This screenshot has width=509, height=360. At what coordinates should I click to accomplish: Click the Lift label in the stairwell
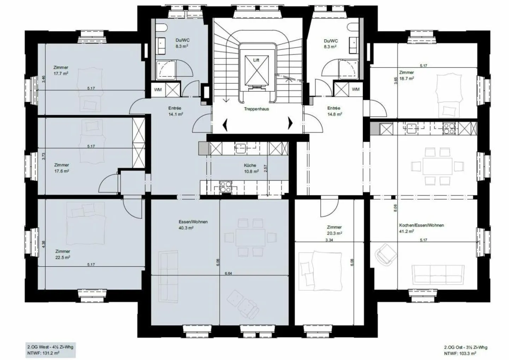point(256,60)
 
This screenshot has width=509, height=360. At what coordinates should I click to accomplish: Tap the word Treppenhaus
point(256,109)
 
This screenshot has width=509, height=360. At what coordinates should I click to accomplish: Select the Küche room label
point(250,165)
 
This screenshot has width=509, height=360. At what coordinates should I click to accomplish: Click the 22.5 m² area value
point(63,258)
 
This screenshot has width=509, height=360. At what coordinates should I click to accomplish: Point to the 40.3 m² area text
point(186,228)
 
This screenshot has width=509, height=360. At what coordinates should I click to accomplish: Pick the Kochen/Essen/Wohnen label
point(421,225)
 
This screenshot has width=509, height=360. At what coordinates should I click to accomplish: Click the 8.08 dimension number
point(395,208)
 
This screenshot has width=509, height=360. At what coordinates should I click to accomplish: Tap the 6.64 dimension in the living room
point(228,273)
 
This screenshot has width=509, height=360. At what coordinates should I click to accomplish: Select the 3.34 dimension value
point(329,240)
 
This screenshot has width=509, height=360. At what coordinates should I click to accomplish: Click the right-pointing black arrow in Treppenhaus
point(290,123)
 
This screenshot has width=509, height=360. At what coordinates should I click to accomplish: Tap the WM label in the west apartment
point(158,90)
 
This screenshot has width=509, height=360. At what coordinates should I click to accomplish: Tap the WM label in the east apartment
point(356,89)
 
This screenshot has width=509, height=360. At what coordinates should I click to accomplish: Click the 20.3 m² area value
point(335,233)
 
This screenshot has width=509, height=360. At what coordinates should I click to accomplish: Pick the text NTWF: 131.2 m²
point(43,353)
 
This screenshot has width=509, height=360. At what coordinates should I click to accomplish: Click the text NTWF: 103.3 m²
point(460,353)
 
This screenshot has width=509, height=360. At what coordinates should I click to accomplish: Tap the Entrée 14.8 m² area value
point(335,114)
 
